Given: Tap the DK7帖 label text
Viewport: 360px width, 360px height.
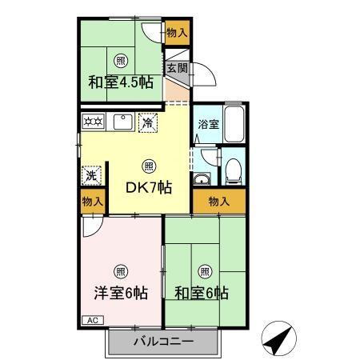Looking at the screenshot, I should (148, 187).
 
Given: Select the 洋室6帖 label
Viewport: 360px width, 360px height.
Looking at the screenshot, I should (119, 293).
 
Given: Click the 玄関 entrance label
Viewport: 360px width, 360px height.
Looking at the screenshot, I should (178, 69).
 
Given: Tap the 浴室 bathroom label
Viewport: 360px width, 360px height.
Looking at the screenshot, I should (209, 124).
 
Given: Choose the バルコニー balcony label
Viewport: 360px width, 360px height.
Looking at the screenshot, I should (163, 342).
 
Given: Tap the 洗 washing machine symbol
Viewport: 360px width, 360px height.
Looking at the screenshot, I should (91, 174).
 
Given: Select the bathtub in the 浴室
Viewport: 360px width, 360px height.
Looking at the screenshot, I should (234, 126).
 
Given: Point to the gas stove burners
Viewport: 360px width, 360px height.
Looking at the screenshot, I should (92, 122).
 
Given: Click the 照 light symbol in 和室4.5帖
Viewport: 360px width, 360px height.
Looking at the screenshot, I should (120, 60).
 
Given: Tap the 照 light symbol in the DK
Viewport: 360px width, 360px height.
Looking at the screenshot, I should (148, 166).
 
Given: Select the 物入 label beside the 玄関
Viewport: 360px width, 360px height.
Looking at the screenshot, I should (178, 33).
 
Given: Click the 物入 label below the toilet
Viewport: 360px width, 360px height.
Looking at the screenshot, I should (219, 201).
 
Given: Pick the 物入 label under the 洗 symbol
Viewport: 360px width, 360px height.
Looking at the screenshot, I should (92, 201).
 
